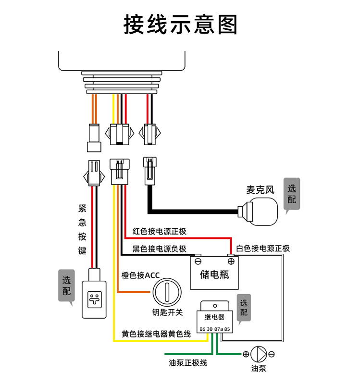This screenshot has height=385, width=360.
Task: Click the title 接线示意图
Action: click(x=180, y=25)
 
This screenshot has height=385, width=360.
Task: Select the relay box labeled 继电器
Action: click(x=214, y=317)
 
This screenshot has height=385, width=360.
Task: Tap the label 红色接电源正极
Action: click(x=159, y=231)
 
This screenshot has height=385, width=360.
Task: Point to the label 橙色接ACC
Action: click(x=140, y=275)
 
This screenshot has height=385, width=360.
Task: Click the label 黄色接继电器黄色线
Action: click(x=156, y=334)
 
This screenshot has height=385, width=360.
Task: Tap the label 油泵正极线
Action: click(x=188, y=362)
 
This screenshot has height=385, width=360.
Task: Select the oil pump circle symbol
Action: click(x=259, y=354)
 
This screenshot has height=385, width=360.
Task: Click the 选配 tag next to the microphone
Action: click(x=292, y=193)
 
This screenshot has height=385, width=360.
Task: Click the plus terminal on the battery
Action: click(x=231, y=261)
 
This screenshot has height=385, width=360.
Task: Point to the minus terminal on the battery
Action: click(x=198, y=261)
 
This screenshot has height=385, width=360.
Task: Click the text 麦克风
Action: click(x=260, y=189)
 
